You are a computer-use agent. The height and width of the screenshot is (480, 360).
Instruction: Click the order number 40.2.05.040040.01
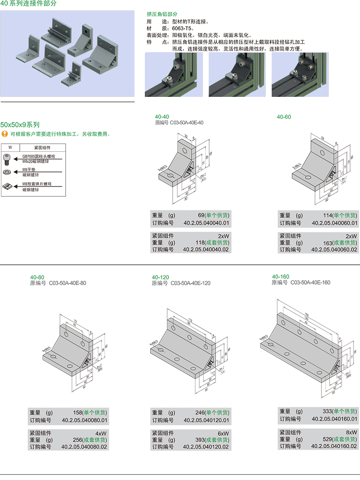207,223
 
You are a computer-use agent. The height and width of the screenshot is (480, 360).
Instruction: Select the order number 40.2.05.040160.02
334,446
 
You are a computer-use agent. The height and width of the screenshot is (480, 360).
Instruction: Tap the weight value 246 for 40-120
200,413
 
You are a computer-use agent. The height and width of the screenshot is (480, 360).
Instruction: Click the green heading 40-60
284,117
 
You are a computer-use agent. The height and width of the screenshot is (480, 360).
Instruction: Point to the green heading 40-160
280,276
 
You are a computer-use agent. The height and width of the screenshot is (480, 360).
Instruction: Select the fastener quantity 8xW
351,432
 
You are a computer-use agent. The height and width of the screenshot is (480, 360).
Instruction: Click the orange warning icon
5,134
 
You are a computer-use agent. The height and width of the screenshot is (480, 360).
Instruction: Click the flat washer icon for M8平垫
8,172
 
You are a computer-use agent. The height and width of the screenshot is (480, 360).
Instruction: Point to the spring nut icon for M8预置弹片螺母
8,186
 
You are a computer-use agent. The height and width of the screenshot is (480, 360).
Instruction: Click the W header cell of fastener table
10,147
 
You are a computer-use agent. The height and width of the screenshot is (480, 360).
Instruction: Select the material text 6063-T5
183,28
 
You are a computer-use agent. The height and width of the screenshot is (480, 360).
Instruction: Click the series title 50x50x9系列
20,125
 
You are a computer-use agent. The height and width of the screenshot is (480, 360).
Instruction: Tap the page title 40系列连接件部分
28,3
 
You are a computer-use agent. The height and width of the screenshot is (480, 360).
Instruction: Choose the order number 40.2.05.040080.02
84,447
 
